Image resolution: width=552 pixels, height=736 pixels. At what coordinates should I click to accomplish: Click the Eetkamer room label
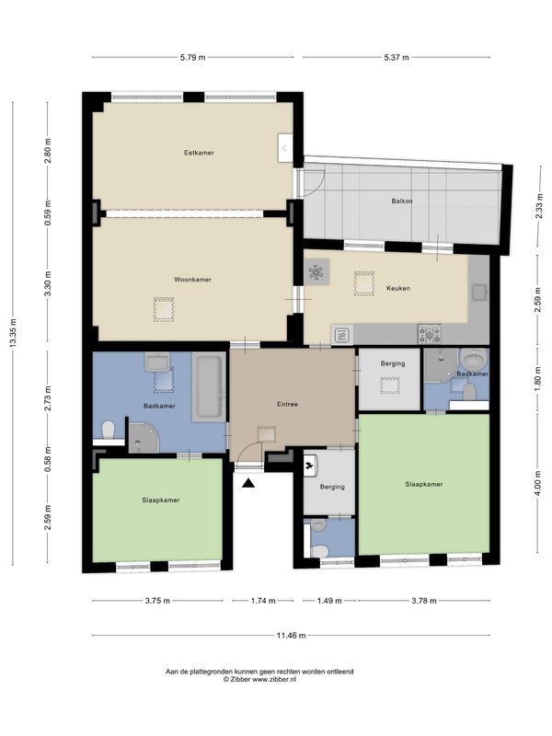click(x=199, y=153)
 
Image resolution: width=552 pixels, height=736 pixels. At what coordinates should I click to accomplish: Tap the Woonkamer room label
click(x=192, y=280)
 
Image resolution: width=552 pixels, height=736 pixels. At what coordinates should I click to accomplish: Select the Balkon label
click(x=402, y=201)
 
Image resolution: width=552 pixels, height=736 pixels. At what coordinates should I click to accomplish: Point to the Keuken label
click(x=398, y=288)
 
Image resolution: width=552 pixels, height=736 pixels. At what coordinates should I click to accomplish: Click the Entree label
click(x=287, y=404)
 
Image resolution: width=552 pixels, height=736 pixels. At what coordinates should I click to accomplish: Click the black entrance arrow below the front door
click(x=248, y=483)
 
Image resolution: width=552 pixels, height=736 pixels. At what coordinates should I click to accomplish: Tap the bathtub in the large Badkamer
click(x=209, y=386)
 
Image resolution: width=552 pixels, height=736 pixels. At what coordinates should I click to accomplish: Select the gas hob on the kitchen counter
click(x=430, y=334)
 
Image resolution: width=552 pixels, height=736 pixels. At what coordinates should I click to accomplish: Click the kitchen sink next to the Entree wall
click(x=342, y=335)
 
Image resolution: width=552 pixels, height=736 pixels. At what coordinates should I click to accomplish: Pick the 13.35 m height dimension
click(x=13, y=333)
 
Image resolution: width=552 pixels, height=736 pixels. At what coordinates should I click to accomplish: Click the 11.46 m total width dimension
click(x=291, y=636)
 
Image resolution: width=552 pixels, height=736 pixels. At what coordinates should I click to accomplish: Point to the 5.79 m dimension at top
click(x=192, y=57)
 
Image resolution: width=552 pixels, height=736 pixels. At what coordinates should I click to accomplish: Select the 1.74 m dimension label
click(x=263, y=601)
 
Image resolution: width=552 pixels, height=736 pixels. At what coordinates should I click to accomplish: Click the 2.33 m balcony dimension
click(x=540, y=204)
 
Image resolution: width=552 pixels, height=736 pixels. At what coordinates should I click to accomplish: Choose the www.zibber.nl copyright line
click(x=259, y=679)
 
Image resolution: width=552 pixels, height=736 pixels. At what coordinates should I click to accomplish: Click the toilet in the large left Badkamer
click(x=109, y=430)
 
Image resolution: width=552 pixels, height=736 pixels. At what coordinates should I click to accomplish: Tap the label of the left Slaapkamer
click(x=161, y=500)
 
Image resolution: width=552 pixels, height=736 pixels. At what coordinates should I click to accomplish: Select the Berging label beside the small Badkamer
click(x=393, y=363)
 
